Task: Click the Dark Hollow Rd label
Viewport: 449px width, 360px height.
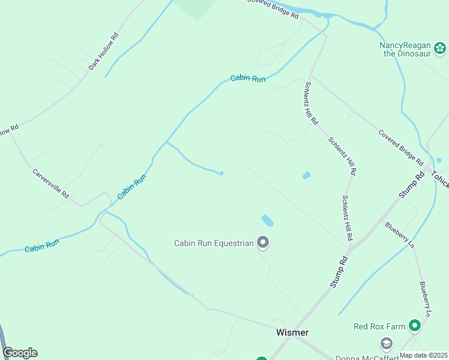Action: pos(104,52)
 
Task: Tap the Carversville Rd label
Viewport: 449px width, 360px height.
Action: pos(51,183)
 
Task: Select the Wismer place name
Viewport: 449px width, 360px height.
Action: pos(292,332)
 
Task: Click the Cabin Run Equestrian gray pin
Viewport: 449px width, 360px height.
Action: pos(263,242)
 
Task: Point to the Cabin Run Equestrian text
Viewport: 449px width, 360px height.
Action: pos(214,243)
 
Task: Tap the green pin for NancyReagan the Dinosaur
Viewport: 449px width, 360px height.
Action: pos(441,49)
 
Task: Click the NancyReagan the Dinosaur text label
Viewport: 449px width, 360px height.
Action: pos(405,49)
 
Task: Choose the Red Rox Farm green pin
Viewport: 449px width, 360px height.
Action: pos(414,326)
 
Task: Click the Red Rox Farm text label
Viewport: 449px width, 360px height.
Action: pos(379,326)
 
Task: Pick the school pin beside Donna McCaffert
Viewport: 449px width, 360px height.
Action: pos(387,343)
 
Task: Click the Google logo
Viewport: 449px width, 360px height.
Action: pos(20,353)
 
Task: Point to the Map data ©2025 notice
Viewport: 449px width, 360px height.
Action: pos(423,355)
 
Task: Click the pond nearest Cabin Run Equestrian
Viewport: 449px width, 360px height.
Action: pos(267,220)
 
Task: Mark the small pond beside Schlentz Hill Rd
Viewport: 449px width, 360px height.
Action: pos(306,175)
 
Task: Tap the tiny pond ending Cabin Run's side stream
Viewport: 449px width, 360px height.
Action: pos(221,173)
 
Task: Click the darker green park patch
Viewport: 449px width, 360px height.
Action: pos(196,7)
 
